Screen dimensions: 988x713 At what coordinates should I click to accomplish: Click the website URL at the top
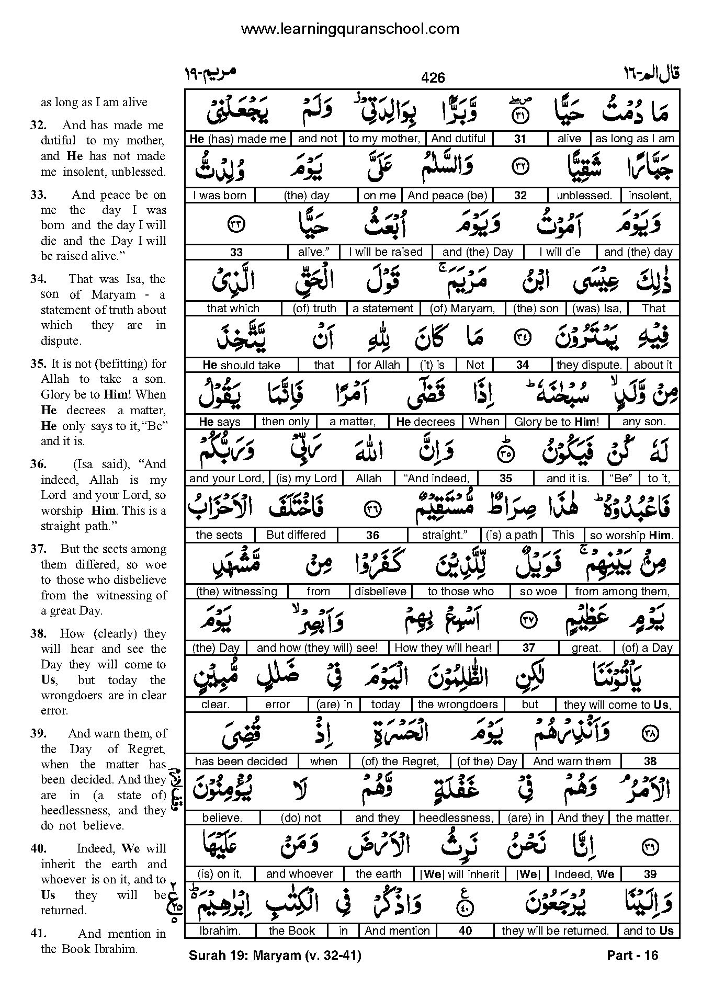350,29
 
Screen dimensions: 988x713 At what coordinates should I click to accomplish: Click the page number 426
433,78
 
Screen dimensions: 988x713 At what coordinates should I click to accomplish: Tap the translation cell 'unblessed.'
584,196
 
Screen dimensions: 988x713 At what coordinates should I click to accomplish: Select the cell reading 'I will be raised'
386,252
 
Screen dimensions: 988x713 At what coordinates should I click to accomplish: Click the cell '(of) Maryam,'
462,309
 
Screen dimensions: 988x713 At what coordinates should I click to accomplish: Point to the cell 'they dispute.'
589,365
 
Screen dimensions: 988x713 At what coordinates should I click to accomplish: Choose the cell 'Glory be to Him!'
556,422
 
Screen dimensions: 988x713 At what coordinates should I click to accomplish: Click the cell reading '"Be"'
621,478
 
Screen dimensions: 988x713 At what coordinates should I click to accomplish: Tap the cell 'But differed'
296,535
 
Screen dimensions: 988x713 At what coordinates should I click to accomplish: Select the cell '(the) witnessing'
236,592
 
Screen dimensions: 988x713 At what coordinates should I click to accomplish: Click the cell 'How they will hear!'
443,648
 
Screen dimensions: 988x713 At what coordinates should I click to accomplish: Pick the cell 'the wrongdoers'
457,705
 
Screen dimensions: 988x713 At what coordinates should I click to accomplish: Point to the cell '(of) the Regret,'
400,762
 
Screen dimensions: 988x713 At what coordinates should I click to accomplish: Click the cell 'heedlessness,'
456,818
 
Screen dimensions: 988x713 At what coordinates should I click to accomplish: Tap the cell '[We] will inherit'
459,874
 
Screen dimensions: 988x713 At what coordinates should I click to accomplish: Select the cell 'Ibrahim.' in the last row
220,931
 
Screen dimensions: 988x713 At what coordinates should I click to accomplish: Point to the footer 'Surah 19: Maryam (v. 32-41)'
275,956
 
